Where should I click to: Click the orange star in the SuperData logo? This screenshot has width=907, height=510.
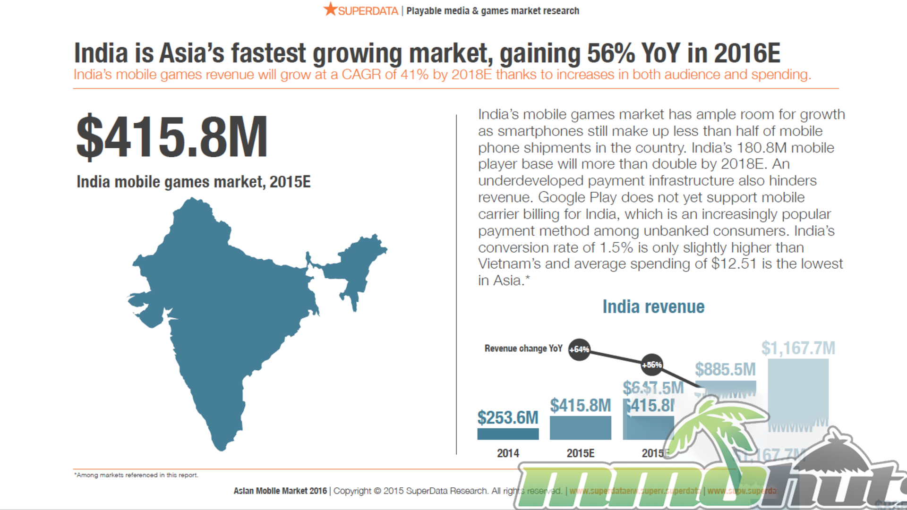coord(330,9)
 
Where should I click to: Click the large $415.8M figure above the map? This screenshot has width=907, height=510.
coord(172,136)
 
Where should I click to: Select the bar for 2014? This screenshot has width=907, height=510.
coord(508,433)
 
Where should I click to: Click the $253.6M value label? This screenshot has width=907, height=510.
coord(508,417)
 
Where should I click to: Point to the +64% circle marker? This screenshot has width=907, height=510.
coord(579,349)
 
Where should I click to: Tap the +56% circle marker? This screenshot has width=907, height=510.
coord(652,365)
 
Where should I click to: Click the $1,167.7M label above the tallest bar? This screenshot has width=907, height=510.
coord(798,348)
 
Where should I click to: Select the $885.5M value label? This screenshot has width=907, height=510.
coord(725,369)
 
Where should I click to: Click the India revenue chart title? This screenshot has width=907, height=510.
coord(653,307)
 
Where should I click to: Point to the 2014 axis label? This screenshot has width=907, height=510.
coord(508,453)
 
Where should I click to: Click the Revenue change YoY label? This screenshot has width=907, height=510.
coord(523,348)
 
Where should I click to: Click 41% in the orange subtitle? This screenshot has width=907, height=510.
coord(414,75)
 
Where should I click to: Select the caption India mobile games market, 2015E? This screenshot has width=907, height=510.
coord(194,182)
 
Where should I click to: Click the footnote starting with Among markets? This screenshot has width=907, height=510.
coord(136,475)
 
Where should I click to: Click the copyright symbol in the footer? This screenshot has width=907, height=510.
coord(377,491)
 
